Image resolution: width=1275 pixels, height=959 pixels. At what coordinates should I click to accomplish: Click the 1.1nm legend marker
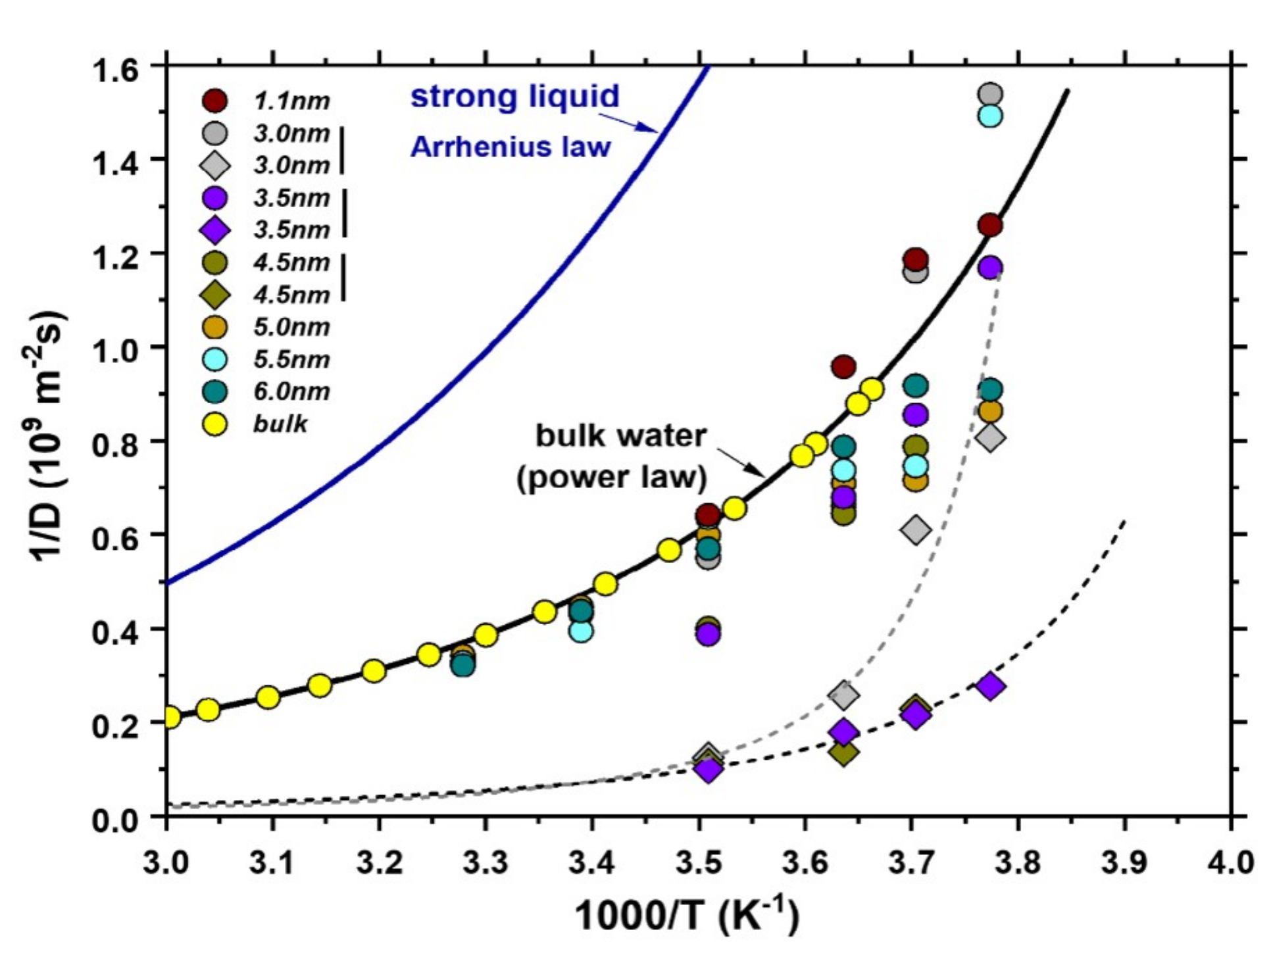(214, 101)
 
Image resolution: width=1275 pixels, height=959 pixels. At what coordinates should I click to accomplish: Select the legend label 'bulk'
(280, 424)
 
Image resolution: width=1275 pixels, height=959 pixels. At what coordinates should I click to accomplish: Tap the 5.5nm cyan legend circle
(214, 359)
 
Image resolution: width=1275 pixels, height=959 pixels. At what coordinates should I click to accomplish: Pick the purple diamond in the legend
(214, 230)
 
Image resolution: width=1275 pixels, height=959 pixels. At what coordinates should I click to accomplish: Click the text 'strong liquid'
(514, 97)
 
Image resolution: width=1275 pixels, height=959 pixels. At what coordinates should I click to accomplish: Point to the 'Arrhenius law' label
(511, 147)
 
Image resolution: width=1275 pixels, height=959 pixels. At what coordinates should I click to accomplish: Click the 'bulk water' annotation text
(620, 436)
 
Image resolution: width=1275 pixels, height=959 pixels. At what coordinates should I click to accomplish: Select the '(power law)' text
(611, 478)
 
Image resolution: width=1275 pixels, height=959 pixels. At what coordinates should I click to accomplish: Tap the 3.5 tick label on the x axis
(699, 862)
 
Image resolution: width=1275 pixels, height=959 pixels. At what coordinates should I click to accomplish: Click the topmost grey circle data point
(990, 94)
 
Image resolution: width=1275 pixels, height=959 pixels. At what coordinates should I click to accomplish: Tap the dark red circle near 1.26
(990, 226)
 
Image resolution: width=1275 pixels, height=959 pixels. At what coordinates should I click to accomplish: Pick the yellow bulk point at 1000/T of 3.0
(170, 717)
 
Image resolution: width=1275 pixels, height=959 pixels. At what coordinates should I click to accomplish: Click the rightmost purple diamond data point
(991, 686)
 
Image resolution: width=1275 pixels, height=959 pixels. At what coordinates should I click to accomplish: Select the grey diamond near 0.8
(991, 437)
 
